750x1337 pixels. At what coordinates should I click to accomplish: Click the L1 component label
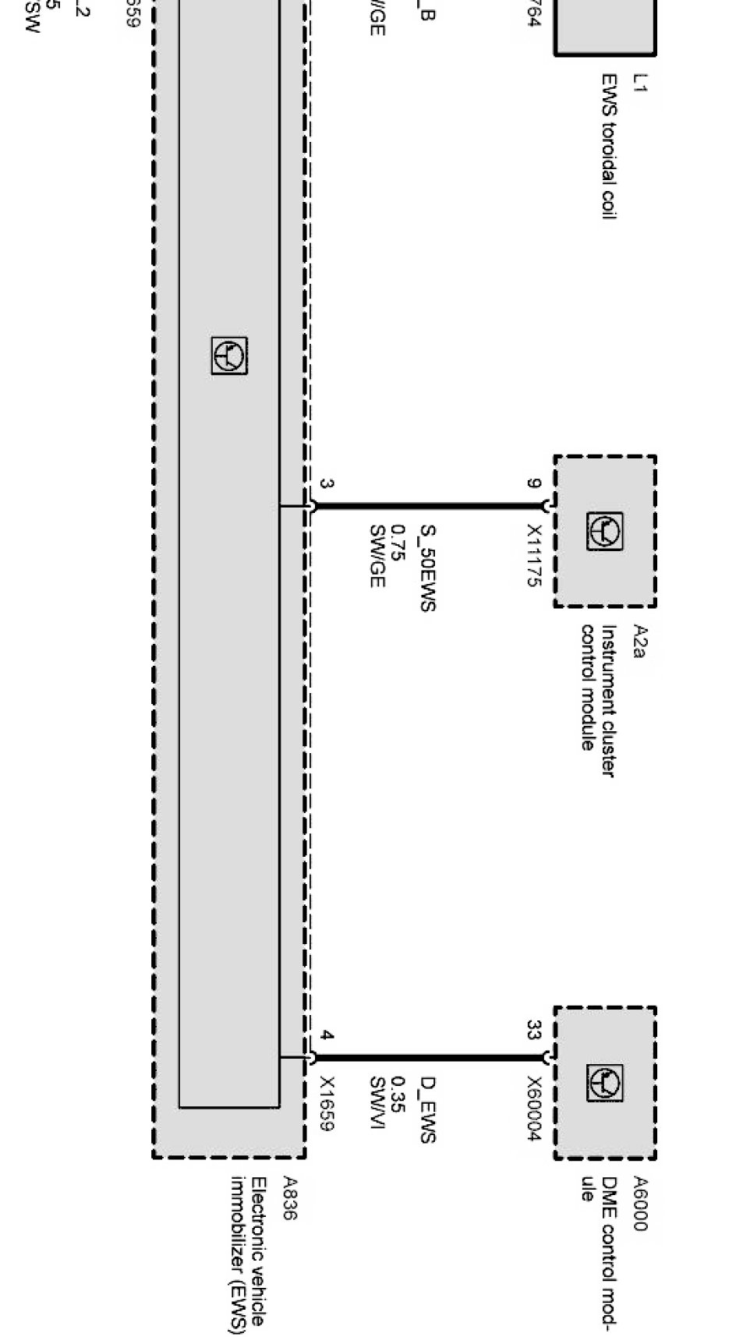click(x=639, y=83)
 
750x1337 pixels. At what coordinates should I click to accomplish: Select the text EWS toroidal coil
click(x=609, y=147)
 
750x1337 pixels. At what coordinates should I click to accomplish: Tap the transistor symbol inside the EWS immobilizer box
click(x=229, y=356)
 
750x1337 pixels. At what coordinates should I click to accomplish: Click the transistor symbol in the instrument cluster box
click(x=605, y=532)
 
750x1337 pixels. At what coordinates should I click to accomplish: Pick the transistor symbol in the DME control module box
click(x=605, y=1084)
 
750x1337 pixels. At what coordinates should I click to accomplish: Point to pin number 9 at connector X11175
click(x=533, y=484)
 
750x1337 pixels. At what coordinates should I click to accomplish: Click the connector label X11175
click(x=533, y=555)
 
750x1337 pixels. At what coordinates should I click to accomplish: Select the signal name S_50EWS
click(x=427, y=568)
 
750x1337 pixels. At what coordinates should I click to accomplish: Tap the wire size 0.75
click(x=398, y=543)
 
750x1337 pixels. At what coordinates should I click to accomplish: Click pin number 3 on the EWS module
click(x=327, y=484)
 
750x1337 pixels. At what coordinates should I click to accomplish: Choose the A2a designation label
click(x=639, y=642)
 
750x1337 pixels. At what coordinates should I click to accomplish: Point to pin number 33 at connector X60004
click(x=533, y=1030)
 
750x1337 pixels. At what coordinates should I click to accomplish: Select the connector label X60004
click(x=533, y=1109)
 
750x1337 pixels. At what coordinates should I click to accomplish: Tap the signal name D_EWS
click(x=427, y=1109)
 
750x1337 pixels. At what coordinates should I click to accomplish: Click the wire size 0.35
click(x=398, y=1095)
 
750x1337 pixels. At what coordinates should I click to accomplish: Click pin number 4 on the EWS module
click(x=327, y=1036)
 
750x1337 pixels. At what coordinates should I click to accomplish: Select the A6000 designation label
click(x=639, y=1204)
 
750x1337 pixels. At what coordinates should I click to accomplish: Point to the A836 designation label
click(x=289, y=1199)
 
